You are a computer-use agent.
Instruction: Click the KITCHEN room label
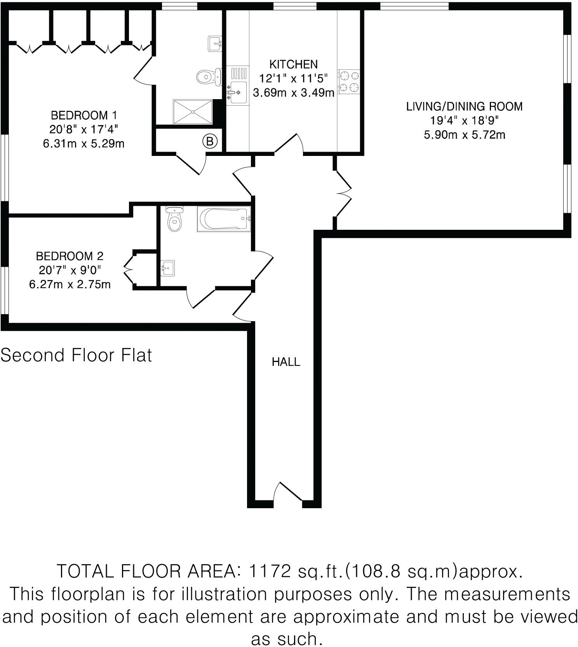293,64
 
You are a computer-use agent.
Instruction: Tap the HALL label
286,362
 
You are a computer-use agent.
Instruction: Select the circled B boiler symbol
210,142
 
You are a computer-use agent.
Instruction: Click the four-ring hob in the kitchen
349,82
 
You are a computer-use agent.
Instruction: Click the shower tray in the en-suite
193,112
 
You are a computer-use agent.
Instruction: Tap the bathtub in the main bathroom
223,219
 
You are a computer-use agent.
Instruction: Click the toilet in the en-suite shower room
208,77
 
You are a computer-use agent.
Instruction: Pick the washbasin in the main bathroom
168,268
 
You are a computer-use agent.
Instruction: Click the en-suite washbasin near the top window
215,43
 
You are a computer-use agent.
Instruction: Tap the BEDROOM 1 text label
84,115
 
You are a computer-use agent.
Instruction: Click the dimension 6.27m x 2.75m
70,284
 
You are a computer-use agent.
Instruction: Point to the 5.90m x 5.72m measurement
464,135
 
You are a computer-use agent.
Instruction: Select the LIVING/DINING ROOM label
464,106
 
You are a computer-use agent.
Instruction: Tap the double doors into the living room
344,193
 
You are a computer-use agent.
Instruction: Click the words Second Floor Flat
76,355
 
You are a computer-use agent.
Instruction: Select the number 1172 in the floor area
269,571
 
